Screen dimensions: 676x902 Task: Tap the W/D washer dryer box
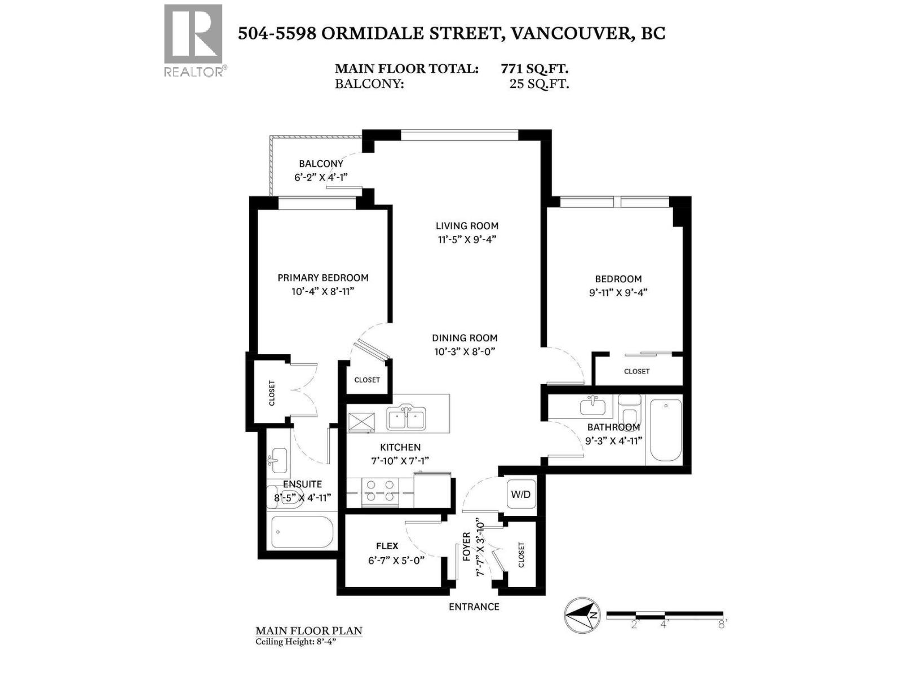520,494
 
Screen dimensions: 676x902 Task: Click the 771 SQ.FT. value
534,69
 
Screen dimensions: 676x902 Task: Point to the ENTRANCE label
474,607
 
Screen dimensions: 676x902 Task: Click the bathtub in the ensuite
301,531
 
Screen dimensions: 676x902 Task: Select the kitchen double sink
406,419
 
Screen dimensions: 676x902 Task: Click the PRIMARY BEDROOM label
322,278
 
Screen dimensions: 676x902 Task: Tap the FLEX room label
387,546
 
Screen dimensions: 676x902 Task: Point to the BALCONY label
321,163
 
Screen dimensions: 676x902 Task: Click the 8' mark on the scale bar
722,624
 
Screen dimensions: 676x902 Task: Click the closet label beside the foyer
521,555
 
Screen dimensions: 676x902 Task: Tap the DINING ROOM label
465,338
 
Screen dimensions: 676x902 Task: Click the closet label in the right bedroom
636,371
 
